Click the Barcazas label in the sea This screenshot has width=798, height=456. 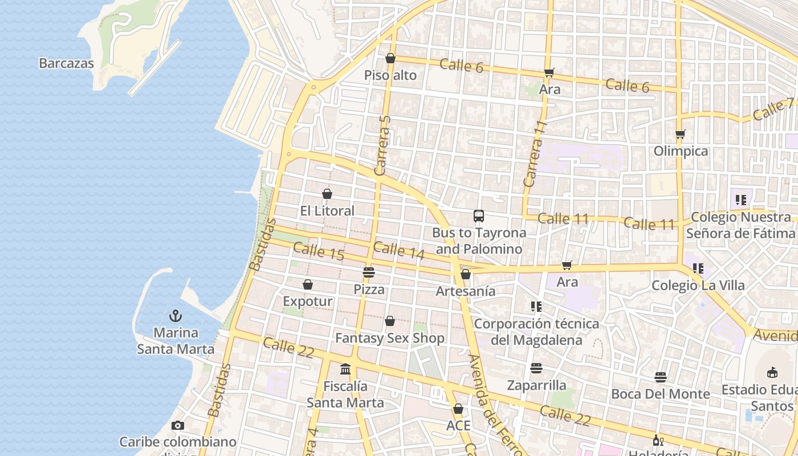click(x=66, y=63)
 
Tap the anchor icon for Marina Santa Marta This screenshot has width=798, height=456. click(x=176, y=316)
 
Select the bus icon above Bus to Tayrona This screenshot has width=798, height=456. click(x=479, y=216)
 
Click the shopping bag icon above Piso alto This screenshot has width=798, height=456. click(x=390, y=58)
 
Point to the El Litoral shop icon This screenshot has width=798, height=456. click(x=327, y=194)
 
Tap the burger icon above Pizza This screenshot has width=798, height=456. click(x=369, y=272)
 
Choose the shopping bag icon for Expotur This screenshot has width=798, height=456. click(x=308, y=284)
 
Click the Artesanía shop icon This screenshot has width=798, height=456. click(x=466, y=274)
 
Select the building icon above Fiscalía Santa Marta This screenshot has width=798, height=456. click(x=345, y=369)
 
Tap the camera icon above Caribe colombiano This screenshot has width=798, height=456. click(x=178, y=425)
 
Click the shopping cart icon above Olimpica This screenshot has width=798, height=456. click(x=680, y=135)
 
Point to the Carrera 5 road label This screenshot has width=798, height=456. click(x=384, y=145)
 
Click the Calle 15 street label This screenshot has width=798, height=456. click(x=319, y=251)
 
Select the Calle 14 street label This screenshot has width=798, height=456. click(x=399, y=250)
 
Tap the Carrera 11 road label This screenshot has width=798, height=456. click(x=535, y=154)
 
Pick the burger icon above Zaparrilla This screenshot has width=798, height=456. click(x=536, y=368)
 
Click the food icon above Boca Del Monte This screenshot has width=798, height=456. click(x=660, y=377)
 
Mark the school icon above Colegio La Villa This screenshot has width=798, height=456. click(x=698, y=268)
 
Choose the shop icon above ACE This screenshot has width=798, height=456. click(x=458, y=409)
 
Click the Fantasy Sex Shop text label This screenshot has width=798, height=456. click(x=389, y=338)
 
